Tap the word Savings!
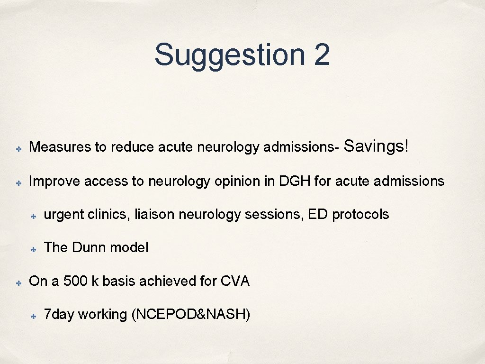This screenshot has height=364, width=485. (376, 146)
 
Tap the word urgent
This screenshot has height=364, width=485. (64, 215)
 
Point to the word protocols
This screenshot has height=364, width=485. (360, 215)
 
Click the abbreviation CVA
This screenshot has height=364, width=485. (235, 281)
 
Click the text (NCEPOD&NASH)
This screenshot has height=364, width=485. (190, 315)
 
